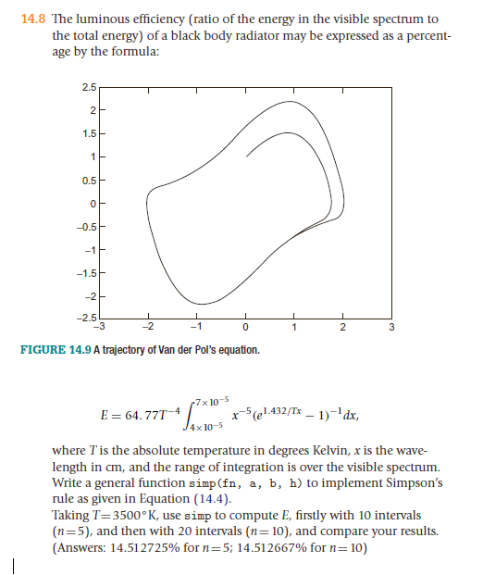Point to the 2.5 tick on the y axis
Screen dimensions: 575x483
[88, 86]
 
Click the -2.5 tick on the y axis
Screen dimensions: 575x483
[87, 318]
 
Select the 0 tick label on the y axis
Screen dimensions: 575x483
[93, 203]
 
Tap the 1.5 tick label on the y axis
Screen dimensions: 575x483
[88, 132]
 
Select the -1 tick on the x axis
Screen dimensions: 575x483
[196, 327]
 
